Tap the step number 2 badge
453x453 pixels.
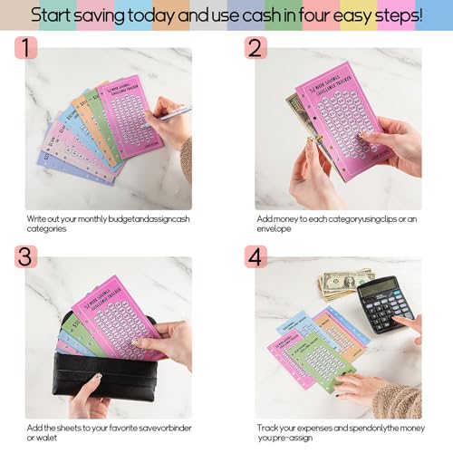point(255,48)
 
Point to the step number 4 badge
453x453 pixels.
point(255,256)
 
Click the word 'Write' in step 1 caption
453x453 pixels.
point(36,218)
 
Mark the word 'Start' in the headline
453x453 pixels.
point(56,15)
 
